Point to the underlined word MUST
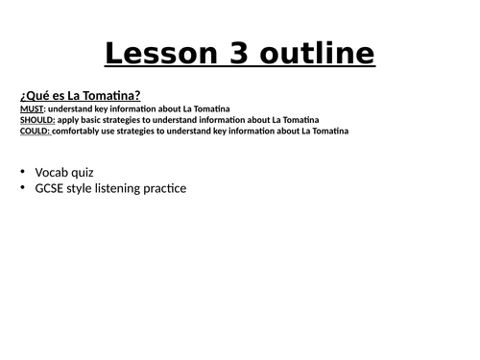click(30, 108)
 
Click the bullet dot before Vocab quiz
click(22, 173)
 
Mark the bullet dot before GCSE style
click(22, 188)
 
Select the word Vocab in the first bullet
click(52, 173)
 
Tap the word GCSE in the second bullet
click(51, 188)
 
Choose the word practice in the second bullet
click(165, 188)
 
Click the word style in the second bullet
click(84, 188)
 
